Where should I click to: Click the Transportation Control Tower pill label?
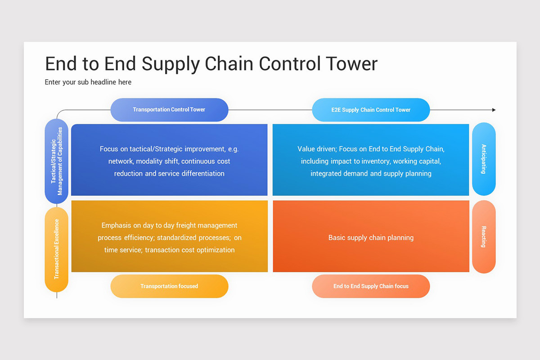pos(169,110)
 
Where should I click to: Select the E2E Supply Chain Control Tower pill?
pos(371,110)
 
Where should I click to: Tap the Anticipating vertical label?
pos(484,159)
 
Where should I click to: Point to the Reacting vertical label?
pos(484,237)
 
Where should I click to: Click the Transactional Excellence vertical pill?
pos(57,249)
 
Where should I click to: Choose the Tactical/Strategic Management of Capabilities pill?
pos(57,161)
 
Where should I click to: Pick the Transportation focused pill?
pos(169,286)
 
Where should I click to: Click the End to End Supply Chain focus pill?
pos(371,286)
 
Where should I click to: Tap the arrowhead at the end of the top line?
pos(494,110)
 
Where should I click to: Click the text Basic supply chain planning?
pos(371,238)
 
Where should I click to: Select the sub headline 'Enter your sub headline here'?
pos(88,82)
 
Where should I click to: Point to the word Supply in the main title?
pos(171,63)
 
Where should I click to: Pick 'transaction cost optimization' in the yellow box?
pos(189,250)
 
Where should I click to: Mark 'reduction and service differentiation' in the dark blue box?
pos(169,173)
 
